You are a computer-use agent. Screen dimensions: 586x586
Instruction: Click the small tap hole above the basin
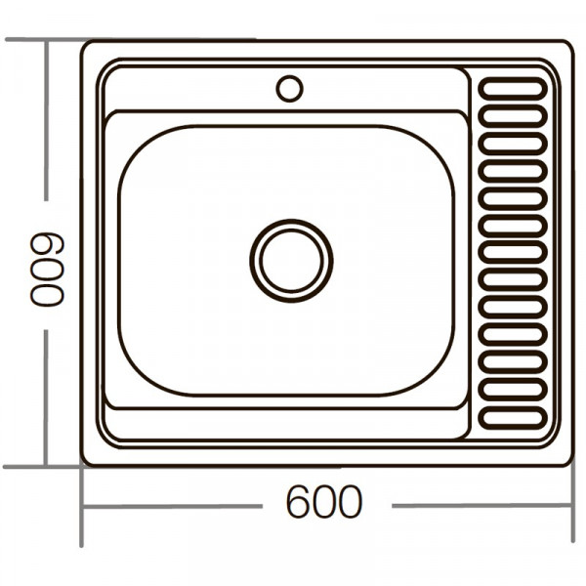pyautogui.click(x=289, y=89)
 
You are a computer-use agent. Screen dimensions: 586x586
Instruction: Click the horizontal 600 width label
pyautogui.click(x=323, y=504)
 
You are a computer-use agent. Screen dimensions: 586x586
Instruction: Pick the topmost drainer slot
pyautogui.click(x=513, y=89)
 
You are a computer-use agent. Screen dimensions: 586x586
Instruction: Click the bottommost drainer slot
pyautogui.click(x=513, y=417)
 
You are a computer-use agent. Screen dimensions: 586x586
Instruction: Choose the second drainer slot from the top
pyautogui.click(x=513, y=116)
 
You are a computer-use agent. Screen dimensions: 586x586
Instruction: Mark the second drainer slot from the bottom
pyautogui.click(x=513, y=390)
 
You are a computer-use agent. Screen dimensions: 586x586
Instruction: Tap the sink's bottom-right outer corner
pyautogui.click(x=568, y=462)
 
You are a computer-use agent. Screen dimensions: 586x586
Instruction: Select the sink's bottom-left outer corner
pyautogui.click(x=85, y=462)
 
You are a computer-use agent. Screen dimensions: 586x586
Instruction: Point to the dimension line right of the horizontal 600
pyautogui.click(x=479, y=506)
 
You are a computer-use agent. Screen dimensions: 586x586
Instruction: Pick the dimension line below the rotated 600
pyautogui.click(x=46, y=391)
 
